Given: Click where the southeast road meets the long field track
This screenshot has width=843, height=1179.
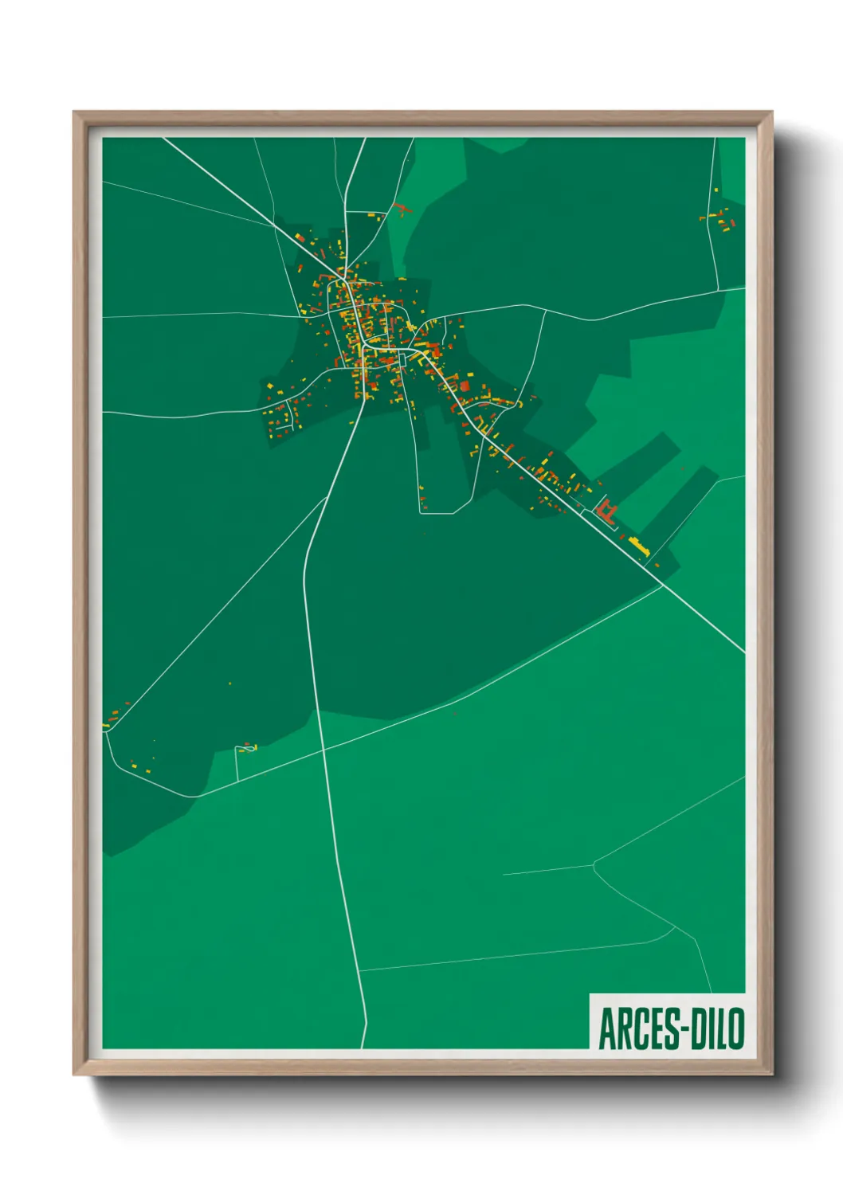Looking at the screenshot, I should tap(663, 586).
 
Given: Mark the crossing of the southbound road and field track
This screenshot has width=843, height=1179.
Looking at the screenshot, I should tap(323, 749).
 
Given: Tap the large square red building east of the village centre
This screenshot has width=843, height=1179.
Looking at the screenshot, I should tap(465, 386).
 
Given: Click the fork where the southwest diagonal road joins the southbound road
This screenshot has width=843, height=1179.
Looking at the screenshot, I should tap(326, 499).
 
